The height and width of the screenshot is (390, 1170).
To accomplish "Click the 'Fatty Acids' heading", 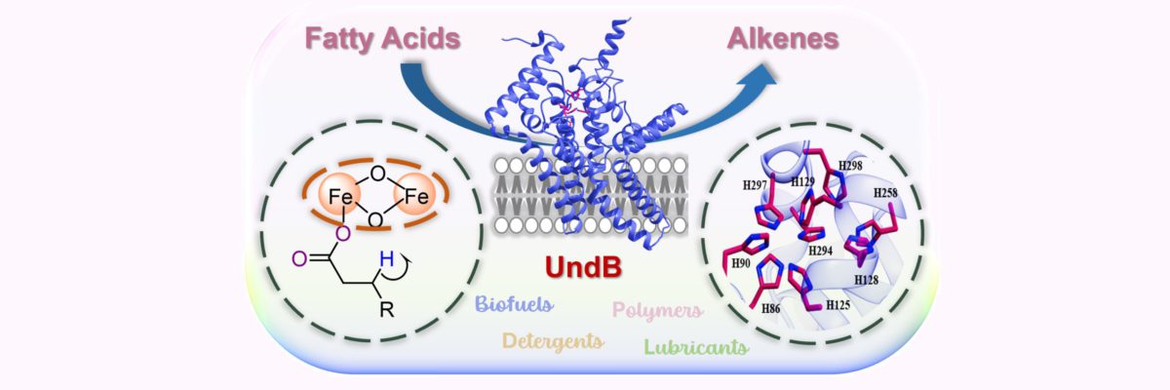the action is (x=382, y=39).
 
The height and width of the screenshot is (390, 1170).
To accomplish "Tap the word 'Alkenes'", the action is (x=782, y=39).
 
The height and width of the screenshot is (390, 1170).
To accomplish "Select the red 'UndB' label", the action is (x=583, y=266).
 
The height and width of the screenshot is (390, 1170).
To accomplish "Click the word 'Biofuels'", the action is (x=514, y=304).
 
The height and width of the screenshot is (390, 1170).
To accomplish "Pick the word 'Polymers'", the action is (x=657, y=310).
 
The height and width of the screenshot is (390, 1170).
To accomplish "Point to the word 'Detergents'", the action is (x=553, y=341).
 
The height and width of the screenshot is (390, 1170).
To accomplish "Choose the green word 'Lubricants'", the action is (x=696, y=347).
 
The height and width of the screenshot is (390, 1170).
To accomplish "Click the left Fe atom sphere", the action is (x=339, y=196).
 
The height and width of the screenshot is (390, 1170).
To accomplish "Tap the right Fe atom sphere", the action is (x=415, y=196).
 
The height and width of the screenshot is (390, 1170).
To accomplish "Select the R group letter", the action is (x=386, y=310).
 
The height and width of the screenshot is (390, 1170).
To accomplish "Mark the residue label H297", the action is (x=755, y=185).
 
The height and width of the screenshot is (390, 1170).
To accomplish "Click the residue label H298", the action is (x=850, y=166).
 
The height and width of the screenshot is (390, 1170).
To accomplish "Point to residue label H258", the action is (x=886, y=194).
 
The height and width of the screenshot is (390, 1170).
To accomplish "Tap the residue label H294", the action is (x=821, y=251).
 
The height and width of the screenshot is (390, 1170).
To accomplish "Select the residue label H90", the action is (x=741, y=263).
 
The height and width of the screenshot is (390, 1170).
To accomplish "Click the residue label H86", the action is (x=771, y=308).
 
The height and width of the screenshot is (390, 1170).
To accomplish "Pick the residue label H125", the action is (x=838, y=305).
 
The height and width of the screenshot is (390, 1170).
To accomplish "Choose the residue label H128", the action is (x=867, y=281).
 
